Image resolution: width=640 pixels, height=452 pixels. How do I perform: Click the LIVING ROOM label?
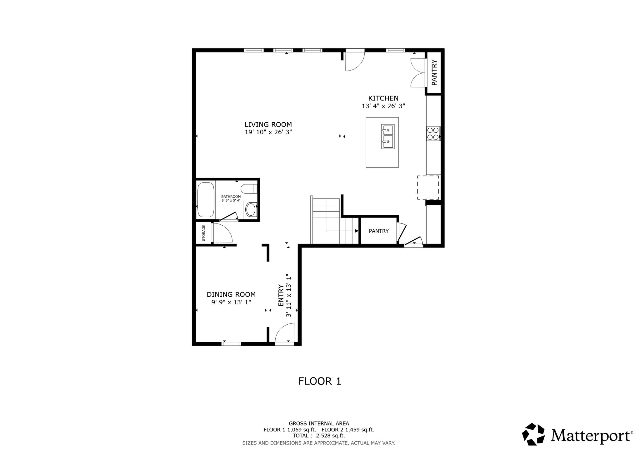[268, 125]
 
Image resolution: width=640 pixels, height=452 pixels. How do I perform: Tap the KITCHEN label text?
[383, 98]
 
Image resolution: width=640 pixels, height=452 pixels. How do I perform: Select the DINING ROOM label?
[231, 294]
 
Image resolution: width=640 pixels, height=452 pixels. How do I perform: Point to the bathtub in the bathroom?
[206, 200]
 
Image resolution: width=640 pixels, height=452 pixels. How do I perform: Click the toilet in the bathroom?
[249, 189]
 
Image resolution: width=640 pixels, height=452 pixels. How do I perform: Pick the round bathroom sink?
[251, 210]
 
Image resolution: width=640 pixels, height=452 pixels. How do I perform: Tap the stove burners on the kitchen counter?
[433, 134]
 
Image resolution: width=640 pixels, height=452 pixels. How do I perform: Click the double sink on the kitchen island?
[387, 136]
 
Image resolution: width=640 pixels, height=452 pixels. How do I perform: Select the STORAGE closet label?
[203, 233]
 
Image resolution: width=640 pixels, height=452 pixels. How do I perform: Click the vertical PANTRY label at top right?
[434, 72]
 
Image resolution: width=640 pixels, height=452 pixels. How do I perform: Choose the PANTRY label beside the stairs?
[379, 231]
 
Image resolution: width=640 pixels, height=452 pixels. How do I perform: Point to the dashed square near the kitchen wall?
[428, 187]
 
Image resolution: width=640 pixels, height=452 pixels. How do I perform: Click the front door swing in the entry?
[285, 333]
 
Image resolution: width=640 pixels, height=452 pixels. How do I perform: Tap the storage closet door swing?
[222, 233]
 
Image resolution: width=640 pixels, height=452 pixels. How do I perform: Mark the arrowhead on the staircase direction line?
[357, 231]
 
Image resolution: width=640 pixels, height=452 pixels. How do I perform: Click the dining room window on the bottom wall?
[231, 344]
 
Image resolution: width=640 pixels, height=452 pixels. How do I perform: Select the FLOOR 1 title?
[320, 381]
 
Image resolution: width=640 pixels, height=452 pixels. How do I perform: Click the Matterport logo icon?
[533, 434]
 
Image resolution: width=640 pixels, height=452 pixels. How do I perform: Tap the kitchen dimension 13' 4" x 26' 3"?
[383, 106]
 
